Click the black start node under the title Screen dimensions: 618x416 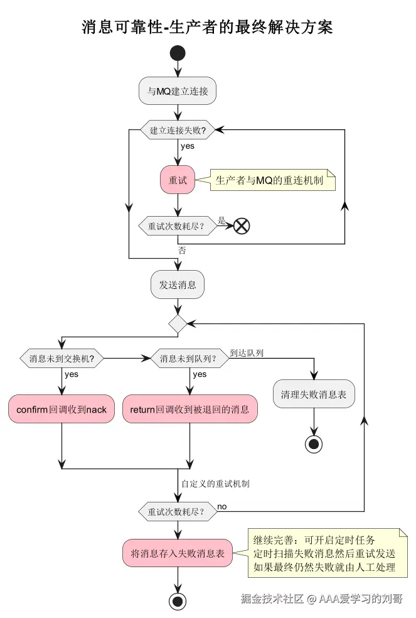tap(178, 53)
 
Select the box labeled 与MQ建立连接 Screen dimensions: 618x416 tap(178, 92)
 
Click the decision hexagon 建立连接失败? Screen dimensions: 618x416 tap(178, 130)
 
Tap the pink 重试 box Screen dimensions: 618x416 tap(178, 180)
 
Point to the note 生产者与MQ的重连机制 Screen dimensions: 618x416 tap(270, 180)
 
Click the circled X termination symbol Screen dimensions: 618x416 tap(242, 226)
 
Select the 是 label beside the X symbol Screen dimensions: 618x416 tap(221, 220)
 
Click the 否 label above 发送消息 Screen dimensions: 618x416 tap(182, 250)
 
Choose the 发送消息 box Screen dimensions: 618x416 tap(178, 285)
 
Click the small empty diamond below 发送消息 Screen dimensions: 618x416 tap(178, 323)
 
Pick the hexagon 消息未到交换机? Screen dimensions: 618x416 tap(62, 359)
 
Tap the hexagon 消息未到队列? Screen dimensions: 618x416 tap(189, 359)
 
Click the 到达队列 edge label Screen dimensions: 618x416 tap(246, 353)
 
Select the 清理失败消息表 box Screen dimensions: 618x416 tap(314, 395)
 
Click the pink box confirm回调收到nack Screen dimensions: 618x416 tap(61, 409)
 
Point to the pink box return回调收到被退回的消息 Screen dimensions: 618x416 tap(189, 409)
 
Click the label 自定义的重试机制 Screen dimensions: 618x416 tap(215, 484)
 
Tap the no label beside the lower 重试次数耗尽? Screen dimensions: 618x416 tap(222, 506)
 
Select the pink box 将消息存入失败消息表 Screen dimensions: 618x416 tap(178, 554)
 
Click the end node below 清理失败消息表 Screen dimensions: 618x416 tap(314, 445)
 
